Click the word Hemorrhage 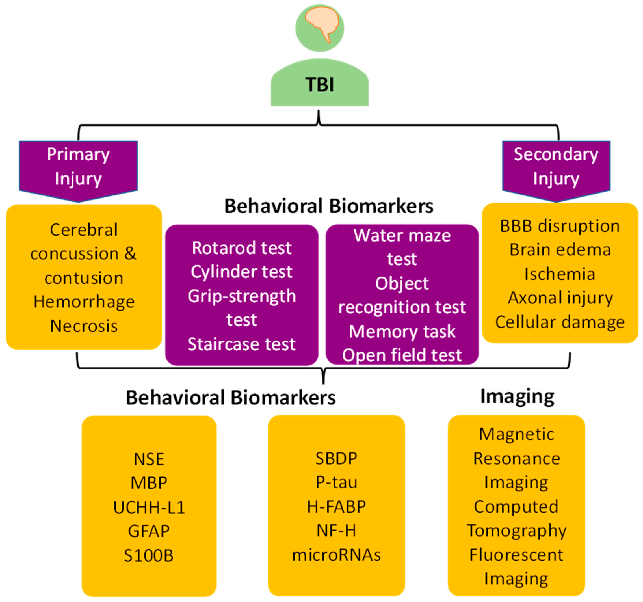pos(84,302)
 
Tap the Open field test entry pos(402,355)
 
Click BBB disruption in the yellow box pos(560,226)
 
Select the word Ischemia pos(560,274)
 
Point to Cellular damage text pos(560,322)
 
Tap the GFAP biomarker pos(149,531)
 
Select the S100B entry pos(149,555)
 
